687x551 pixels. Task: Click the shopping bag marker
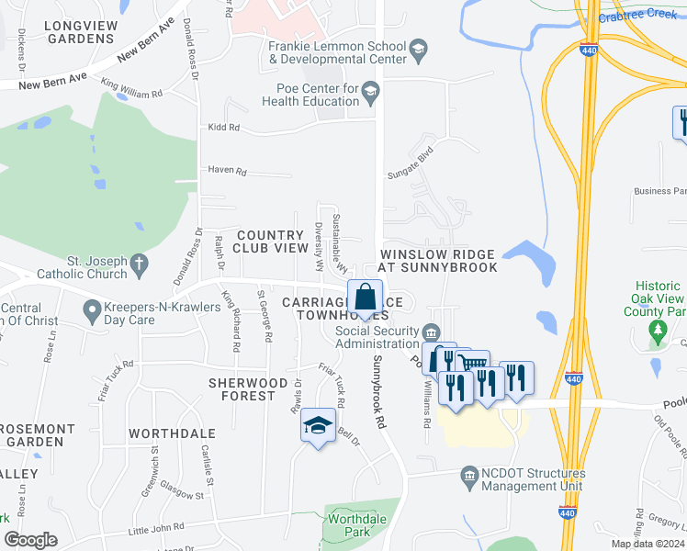pos(365,298)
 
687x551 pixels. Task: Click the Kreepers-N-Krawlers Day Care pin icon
pos(92,313)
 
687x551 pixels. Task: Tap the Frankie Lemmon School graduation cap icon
pos(418,48)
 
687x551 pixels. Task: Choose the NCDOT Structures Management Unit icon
pos(469,474)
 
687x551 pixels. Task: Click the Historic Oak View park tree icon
pos(656,329)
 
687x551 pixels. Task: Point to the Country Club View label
pos(269,242)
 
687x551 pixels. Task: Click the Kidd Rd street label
pos(224,128)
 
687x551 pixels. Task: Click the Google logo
pos(31,540)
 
